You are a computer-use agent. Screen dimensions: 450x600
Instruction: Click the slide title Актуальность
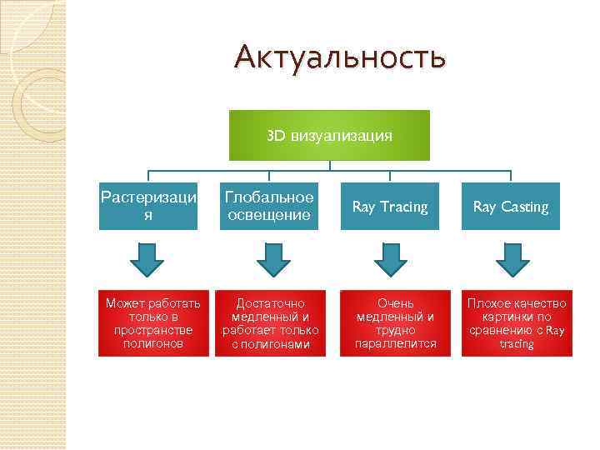coord(340,57)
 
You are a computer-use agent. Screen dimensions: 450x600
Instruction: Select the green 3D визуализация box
coord(329,135)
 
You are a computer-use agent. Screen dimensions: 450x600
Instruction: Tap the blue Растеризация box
coord(148,206)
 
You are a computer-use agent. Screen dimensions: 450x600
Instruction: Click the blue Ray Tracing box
coord(390,206)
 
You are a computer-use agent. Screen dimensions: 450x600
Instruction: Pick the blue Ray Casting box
coord(511,206)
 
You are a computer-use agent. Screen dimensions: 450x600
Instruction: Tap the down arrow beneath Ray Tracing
coord(390,258)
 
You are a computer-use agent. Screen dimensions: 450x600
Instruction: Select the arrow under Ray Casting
coord(512,258)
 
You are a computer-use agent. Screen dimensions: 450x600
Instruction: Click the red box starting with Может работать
coord(148,323)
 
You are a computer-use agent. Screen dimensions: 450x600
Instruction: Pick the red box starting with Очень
coord(395,323)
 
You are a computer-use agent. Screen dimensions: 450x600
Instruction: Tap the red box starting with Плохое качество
coord(517,323)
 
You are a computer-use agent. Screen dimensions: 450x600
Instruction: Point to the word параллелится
coord(395,343)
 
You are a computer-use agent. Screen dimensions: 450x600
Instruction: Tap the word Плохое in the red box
coord(487,303)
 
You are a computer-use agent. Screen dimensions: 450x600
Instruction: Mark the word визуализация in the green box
coord(342,135)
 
